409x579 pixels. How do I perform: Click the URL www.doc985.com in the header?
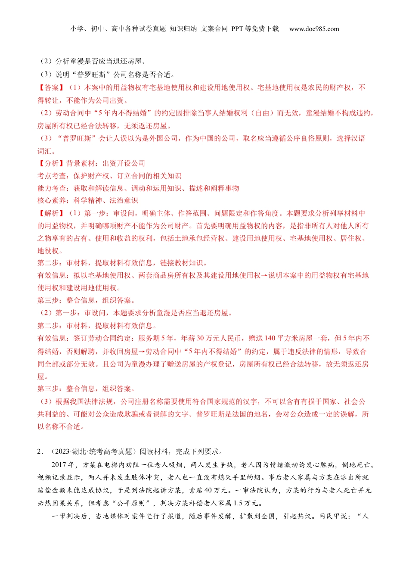pyautogui.click(x=314, y=29)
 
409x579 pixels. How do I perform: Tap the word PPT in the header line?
pyautogui.click(x=237, y=29)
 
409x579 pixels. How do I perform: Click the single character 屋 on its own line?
pyautogui.click(x=41, y=377)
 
